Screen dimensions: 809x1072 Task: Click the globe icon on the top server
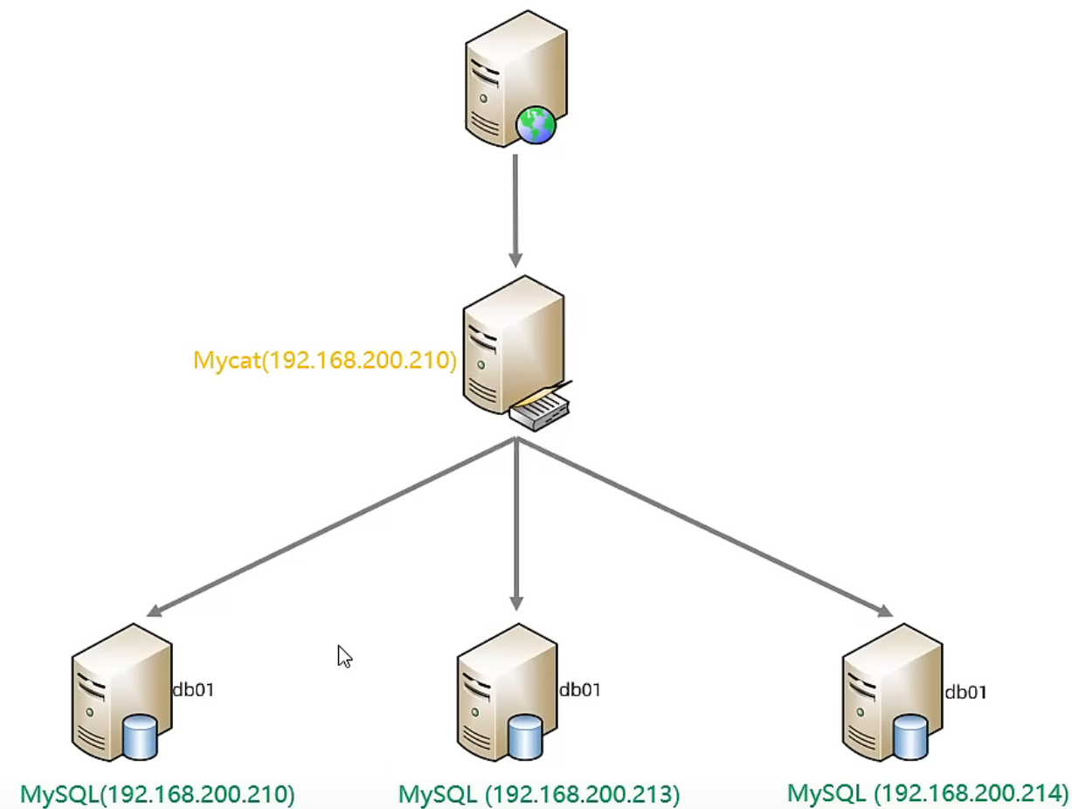(535, 125)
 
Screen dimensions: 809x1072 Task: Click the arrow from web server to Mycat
(515, 210)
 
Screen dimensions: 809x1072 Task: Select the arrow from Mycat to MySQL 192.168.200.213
(516, 524)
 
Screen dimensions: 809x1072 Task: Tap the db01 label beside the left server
(193, 690)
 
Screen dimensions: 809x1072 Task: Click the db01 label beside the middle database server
(579, 690)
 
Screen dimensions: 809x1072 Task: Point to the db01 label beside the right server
(965, 693)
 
